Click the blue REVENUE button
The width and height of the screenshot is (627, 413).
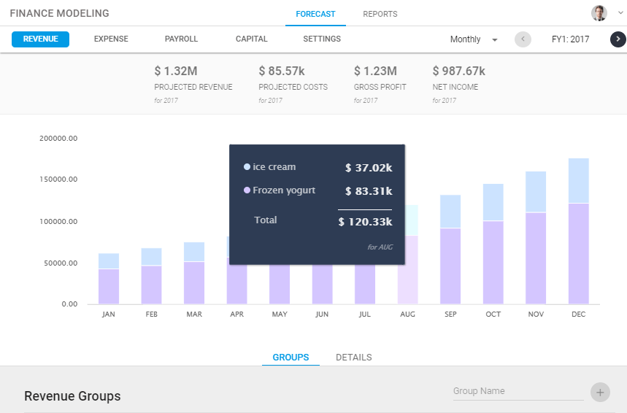40,39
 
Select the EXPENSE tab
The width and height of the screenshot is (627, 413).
111,39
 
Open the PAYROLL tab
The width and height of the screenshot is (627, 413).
181,39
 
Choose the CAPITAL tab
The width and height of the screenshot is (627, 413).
251,39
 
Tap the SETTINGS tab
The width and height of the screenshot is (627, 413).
322,39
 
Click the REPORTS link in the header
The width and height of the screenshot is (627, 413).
380,14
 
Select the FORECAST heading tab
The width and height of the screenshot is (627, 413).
315,14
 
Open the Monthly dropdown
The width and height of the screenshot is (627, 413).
474,39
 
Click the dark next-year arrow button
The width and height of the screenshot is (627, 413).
618,39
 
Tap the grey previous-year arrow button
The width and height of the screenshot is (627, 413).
523,39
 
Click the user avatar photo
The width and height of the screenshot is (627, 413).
599,13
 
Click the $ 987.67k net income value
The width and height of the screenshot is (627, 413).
458,71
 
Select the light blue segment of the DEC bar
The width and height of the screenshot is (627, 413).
579,180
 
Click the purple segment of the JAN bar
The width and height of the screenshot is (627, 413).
109,286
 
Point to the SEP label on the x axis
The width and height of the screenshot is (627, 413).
450,314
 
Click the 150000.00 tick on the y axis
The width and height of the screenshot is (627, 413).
58,180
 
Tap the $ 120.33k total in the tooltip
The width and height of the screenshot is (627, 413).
365,222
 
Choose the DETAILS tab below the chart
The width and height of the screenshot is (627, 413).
353,358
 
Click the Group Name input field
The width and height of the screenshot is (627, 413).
518,391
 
